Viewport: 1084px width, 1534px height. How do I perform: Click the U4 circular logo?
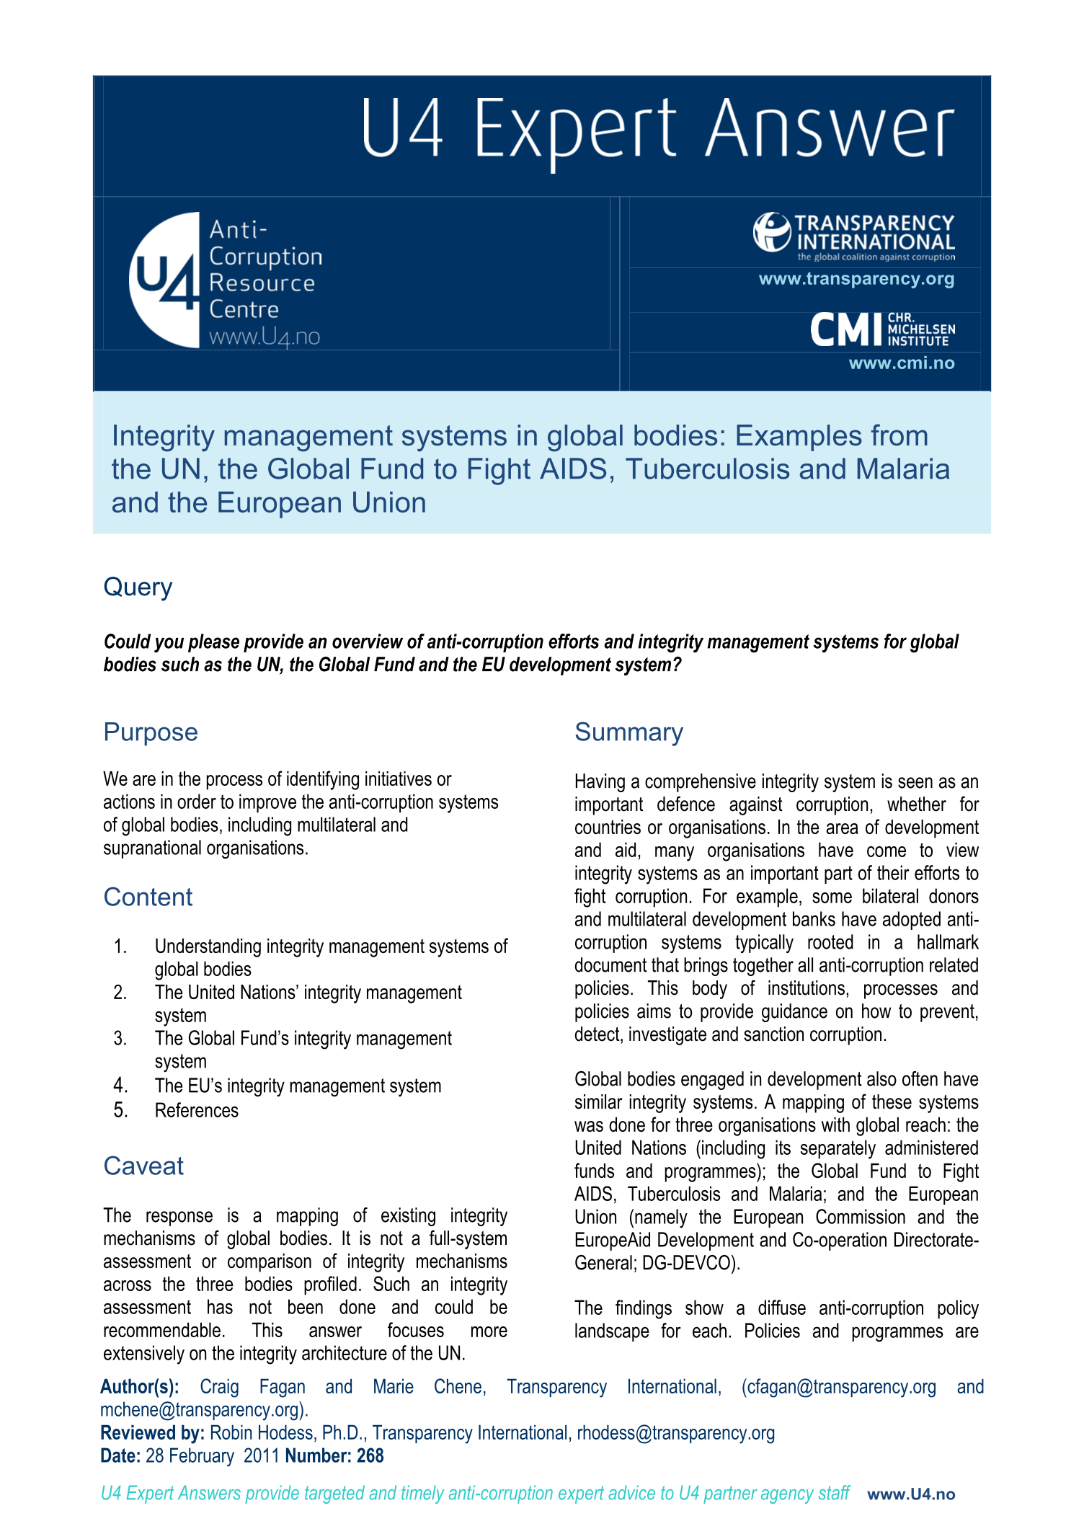165,280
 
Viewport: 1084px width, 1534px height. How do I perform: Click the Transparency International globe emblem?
771,231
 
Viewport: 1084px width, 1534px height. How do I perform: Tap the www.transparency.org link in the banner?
856,279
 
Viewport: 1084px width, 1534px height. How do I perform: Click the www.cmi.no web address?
901,363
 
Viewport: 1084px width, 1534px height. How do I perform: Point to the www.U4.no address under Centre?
265,337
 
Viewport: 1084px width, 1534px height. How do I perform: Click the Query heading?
138,587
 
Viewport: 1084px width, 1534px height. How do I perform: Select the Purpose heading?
151,732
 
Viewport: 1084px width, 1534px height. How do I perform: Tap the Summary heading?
628,732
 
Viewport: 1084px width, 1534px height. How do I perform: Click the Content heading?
148,897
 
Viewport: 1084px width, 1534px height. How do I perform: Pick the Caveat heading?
143,1166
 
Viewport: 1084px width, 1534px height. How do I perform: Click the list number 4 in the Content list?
120,1086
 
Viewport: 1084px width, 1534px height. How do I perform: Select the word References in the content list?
197,1110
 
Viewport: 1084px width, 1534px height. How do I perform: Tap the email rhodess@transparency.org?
675,1432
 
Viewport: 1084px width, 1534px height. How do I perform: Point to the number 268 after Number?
370,1455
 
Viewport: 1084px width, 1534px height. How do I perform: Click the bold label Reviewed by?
153,1432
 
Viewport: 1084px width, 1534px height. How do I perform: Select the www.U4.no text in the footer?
911,1494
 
